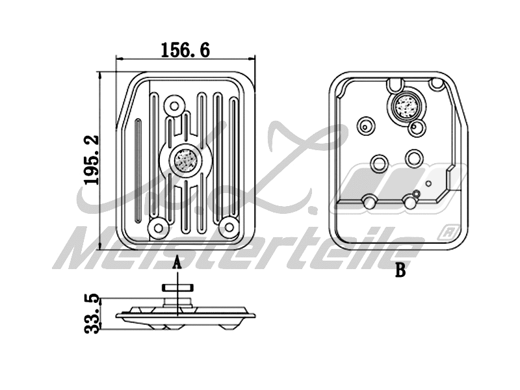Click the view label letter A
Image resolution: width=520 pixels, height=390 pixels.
tap(176, 264)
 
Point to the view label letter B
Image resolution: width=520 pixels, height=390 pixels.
tap(400, 271)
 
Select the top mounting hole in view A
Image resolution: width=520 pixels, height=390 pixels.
tap(174, 105)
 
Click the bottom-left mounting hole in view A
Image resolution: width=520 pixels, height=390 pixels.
tap(156, 227)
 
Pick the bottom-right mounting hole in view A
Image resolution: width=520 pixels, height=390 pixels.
tap(227, 226)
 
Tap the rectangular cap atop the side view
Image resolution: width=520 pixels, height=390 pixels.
tap(177, 288)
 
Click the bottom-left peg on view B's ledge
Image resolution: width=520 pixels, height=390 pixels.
tap(369, 201)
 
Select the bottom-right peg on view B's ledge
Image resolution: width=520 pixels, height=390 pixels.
tap(410, 202)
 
